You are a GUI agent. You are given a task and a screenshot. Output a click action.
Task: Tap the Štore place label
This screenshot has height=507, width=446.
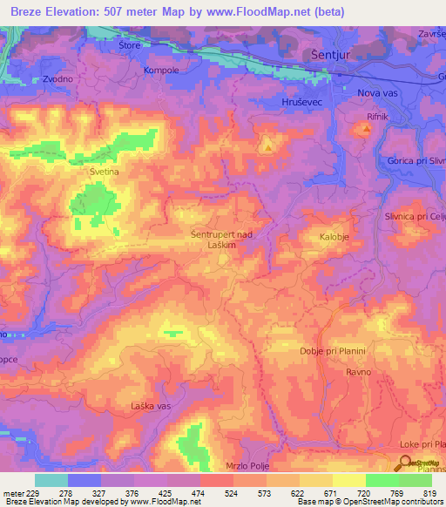click(x=129, y=46)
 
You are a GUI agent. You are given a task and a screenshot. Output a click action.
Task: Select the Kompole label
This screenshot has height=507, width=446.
click(x=161, y=70)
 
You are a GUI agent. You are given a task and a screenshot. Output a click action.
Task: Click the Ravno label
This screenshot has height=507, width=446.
click(x=358, y=372)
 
